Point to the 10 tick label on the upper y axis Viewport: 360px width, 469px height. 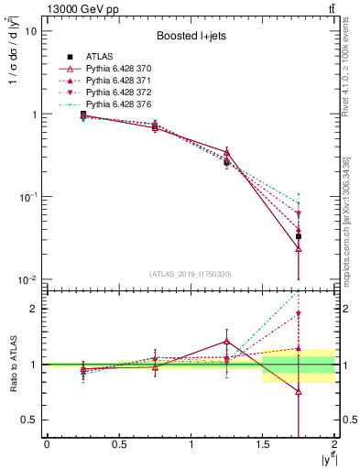[29, 31]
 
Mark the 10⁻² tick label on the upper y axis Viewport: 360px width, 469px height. [27, 279]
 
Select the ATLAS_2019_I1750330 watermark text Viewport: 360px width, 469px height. [190, 273]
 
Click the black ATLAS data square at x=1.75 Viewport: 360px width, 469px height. [299, 236]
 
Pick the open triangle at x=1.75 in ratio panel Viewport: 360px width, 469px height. [299, 392]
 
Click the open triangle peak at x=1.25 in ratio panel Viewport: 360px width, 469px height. [226, 341]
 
